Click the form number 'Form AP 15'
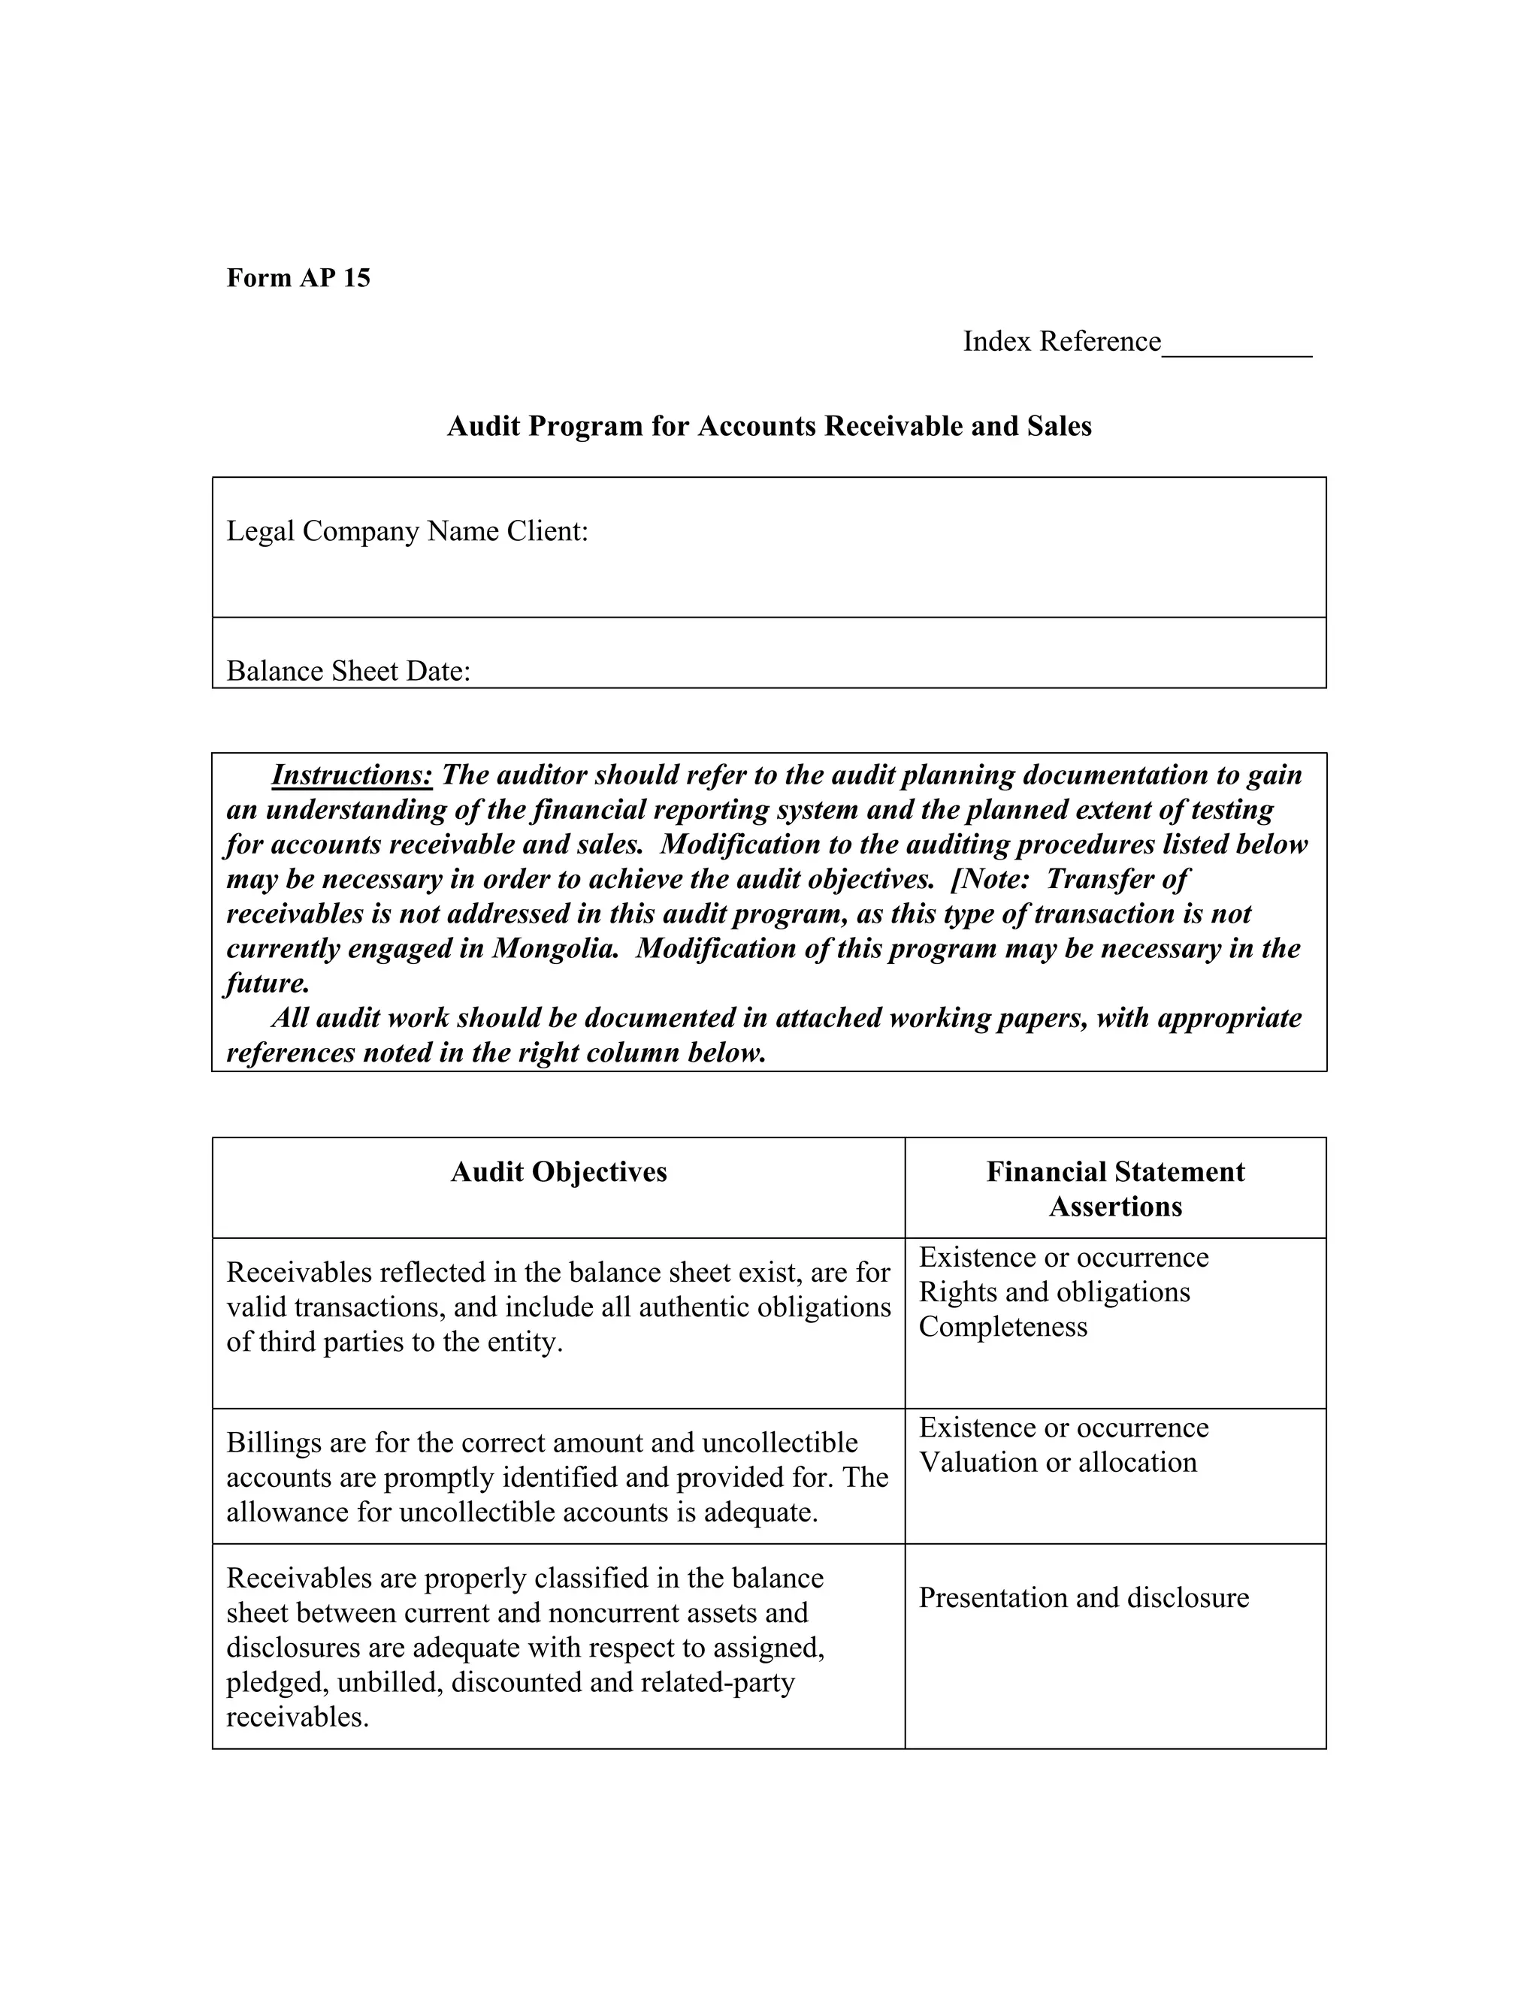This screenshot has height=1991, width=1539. click(298, 278)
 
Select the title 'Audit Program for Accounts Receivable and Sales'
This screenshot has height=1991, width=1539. click(769, 427)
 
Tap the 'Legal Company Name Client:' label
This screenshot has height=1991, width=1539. click(407, 531)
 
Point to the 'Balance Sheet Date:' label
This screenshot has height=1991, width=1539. click(348, 672)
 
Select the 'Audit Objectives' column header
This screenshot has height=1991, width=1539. click(558, 1172)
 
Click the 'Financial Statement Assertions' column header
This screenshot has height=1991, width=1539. click(1115, 1189)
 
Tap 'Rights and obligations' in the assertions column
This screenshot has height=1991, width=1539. click(1054, 1293)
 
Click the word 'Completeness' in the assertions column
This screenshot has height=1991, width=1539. click(1003, 1328)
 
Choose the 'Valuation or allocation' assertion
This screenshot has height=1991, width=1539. click(1057, 1463)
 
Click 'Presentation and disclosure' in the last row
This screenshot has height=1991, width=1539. click(1083, 1598)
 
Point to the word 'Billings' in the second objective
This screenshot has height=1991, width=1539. click(273, 1443)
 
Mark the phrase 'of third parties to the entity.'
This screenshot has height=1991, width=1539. click(394, 1343)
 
